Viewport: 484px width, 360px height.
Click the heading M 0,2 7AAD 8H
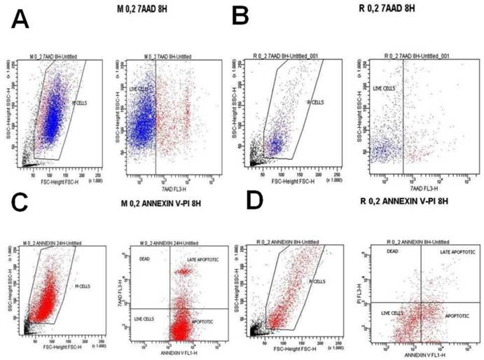point(145,9)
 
